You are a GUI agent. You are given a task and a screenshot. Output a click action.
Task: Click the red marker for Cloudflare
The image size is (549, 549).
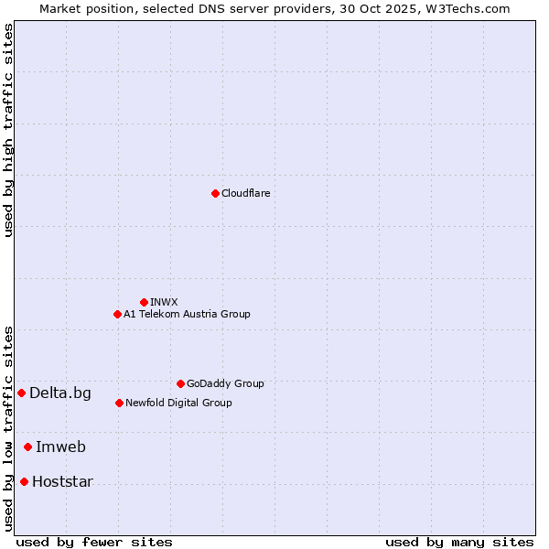(x=215, y=193)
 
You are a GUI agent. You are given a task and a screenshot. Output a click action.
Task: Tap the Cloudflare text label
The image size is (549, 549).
(x=245, y=194)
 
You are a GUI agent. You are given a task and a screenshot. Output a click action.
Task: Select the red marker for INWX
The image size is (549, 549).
(x=144, y=302)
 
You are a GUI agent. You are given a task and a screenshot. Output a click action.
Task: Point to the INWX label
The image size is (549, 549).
(x=164, y=302)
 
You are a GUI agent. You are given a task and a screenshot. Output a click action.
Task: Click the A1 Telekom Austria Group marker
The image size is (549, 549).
(x=117, y=314)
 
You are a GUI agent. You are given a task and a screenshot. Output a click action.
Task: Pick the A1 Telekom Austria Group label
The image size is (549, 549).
(x=187, y=314)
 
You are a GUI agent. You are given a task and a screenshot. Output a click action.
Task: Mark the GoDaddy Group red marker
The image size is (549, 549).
(x=180, y=383)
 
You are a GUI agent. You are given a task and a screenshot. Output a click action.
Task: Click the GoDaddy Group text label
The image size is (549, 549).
(x=225, y=384)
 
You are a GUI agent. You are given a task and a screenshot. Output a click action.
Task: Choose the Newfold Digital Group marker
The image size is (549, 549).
(x=119, y=403)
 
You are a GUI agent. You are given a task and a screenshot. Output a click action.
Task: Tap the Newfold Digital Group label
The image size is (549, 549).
(x=178, y=403)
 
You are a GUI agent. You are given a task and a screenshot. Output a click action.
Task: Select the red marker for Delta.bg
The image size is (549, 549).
(x=21, y=393)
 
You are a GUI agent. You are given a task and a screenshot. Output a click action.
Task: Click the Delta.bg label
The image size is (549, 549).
(x=60, y=393)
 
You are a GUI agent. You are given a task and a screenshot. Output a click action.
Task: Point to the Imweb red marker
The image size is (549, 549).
(x=27, y=447)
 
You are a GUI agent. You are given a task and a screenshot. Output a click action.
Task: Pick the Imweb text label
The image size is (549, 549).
(x=60, y=447)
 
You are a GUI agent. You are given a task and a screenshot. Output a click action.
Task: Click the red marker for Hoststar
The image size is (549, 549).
(x=24, y=481)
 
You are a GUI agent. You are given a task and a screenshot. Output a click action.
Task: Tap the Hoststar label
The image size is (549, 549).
(x=62, y=482)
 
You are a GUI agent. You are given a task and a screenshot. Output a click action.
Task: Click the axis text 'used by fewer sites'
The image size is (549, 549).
(x=94, y=542)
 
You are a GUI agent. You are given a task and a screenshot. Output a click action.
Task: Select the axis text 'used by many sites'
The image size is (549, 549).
(x=459, y=542)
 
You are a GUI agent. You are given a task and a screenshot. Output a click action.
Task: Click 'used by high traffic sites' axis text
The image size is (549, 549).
(x=9, y=130)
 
